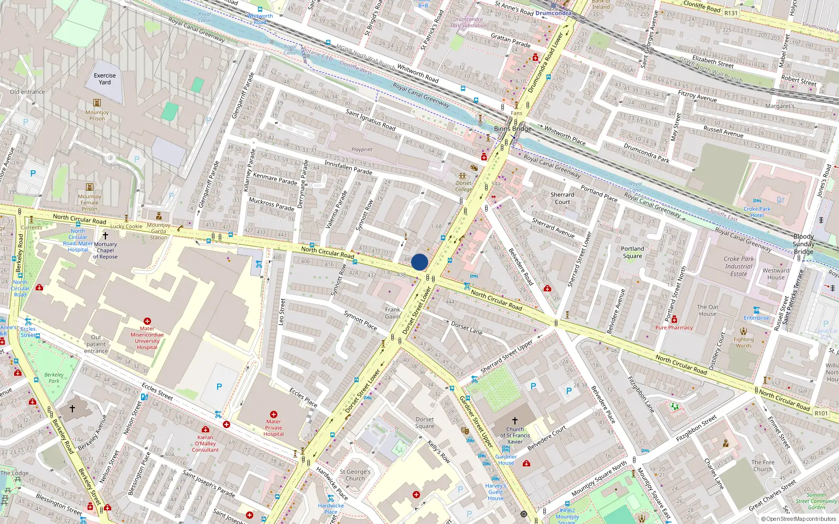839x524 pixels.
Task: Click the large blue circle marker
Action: pos(419,262)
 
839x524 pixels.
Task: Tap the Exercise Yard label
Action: pos(105,79)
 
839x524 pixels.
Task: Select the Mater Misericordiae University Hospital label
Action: pos(147,338)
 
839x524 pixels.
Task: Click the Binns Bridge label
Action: pos(512,128)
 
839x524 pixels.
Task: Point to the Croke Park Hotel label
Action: pos(757,212)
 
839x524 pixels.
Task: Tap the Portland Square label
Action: pos(632,253)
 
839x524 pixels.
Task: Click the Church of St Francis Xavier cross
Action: pos(515,421)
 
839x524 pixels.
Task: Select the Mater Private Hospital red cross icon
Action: pos(273,414)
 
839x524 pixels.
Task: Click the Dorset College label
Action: pos(464,186)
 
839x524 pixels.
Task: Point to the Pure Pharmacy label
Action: pos(674,327)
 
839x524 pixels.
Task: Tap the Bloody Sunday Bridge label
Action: pos(803,244)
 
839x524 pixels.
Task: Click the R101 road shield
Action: pos(821,413)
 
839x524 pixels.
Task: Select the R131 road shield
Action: pos(730,13)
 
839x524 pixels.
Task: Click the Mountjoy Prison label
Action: pos(97,115)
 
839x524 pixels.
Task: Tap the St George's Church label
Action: pos(355,475)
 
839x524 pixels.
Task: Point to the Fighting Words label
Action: pos(743,342)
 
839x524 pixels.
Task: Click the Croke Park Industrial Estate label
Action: pos(738,266)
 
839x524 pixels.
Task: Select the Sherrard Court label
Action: pos(562,198)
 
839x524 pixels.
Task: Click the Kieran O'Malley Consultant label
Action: pos(205,443)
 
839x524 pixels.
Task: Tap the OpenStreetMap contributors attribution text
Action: pos(799,519)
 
